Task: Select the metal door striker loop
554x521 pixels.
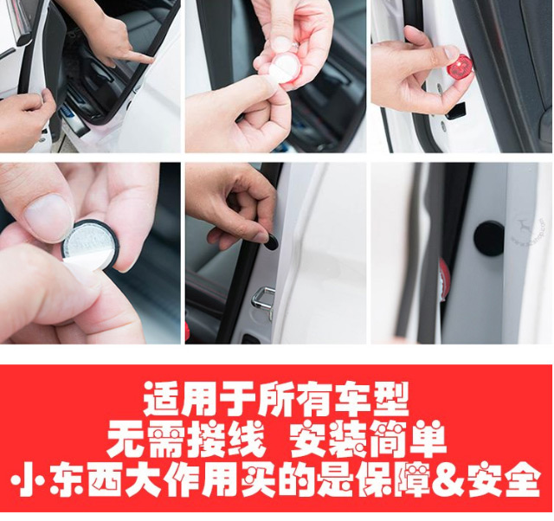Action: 263,300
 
